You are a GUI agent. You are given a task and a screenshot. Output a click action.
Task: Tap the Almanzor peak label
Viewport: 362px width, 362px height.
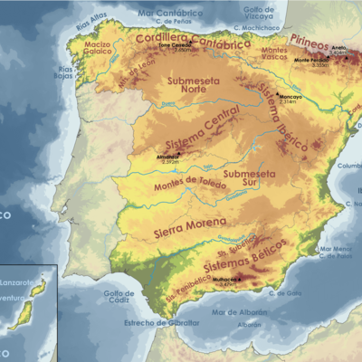[x=167, y=156]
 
